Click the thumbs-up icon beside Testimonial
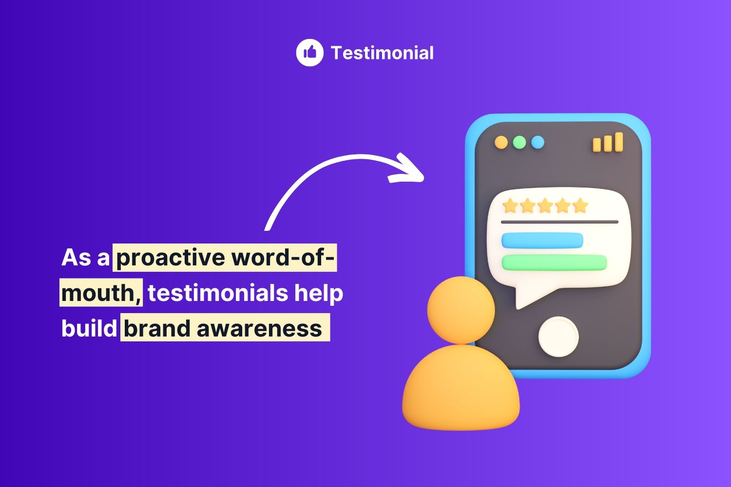(309, 53)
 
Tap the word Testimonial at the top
(382, 53)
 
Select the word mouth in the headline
(97, 293)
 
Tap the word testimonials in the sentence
(218, 293)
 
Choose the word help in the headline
(319, 293)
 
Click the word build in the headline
(89, 328)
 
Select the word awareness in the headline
(259, 329)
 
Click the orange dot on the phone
(501, 143)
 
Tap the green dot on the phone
(519, 143)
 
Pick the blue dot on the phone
(538, 143)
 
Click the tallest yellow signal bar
(619, 142)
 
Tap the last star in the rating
(580, 206)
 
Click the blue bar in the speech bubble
(542, 241)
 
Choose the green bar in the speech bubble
(554, 262)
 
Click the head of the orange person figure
(461, 310)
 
